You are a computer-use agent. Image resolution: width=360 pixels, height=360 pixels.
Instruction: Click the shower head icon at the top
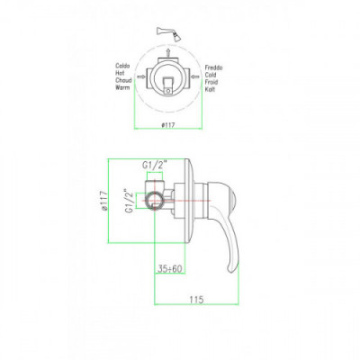coord(169,34)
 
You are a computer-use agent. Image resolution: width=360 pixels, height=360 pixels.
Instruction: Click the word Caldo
coord(122,66)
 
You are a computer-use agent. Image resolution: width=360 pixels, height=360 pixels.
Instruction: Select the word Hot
coord(121,73)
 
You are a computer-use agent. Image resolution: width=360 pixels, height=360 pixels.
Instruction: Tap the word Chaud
coord(123,80)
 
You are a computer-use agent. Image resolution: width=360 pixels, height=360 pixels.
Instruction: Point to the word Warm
coord(122,87)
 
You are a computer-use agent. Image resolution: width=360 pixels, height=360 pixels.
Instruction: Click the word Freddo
coord(213,67)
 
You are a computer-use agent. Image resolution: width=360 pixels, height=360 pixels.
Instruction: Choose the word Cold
coord(211,75)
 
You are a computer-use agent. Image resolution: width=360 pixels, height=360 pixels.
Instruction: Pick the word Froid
coord(211,82)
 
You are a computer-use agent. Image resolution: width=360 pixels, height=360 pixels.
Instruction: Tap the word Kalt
coord(210,89)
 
